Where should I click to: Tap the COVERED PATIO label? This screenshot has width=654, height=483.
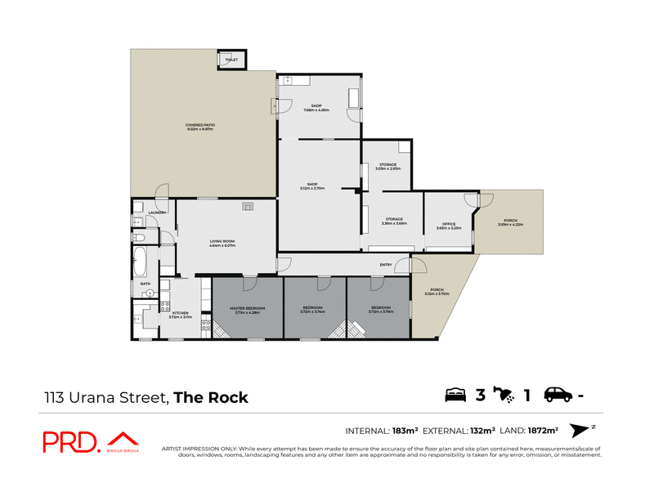point(200,126)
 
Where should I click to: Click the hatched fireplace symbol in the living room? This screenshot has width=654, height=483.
point(247,207)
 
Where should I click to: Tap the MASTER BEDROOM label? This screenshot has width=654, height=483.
point(246,308)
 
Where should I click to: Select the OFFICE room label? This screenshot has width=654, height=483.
point(448,225)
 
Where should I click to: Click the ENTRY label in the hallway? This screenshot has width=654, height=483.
point(385,265)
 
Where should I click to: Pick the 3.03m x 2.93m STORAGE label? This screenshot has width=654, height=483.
point(387,165)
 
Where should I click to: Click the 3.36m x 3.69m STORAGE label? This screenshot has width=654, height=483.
point(395,220)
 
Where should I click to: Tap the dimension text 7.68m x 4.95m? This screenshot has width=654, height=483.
point(317,110)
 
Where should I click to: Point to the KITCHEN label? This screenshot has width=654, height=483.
point(181,312)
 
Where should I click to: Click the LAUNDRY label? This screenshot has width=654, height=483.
point(157,212)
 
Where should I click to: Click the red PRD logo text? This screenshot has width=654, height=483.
point(71,442)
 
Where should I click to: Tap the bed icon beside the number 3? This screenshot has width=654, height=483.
point(455,396)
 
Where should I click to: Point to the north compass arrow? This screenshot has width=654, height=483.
point(580,430)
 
